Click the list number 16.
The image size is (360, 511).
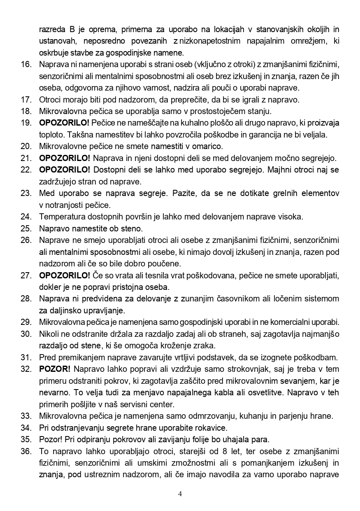point(26,64)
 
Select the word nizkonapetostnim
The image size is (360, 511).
point(211,41)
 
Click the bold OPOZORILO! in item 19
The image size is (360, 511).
point(64,123)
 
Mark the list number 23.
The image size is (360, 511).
point(26,193)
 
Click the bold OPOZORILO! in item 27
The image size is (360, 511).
point(64,275)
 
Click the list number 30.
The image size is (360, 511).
point(26,333)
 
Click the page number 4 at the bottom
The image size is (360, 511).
point(180,494)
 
